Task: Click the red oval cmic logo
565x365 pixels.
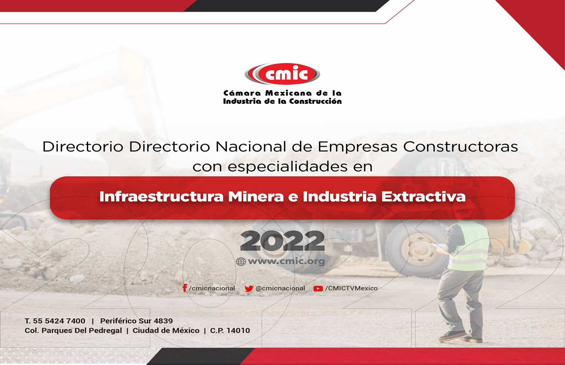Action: point(282,74)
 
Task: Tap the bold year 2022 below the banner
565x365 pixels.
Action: point(282,241)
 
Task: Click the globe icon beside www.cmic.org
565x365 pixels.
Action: point(241,262)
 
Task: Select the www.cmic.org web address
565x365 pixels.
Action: point(286,261)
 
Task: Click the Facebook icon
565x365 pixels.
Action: point(185,288)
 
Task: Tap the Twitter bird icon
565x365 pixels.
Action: point(249,289)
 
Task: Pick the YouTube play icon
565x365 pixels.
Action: point(318,289)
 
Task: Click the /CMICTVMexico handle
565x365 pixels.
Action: point(351,288)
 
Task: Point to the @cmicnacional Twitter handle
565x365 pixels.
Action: point(280,288)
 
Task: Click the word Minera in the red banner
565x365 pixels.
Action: point(256,197)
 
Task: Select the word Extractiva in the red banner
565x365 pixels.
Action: point(423,197)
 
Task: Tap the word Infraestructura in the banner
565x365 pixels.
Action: point(161,197)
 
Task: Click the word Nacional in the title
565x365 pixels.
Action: point(251,147)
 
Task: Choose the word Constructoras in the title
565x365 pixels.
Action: point(461,147)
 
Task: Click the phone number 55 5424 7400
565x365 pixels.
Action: point(59,321)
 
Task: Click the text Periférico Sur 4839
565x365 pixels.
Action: point(136,321)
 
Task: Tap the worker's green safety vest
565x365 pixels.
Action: point(470,246)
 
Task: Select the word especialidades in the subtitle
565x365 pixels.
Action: point(287,167)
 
